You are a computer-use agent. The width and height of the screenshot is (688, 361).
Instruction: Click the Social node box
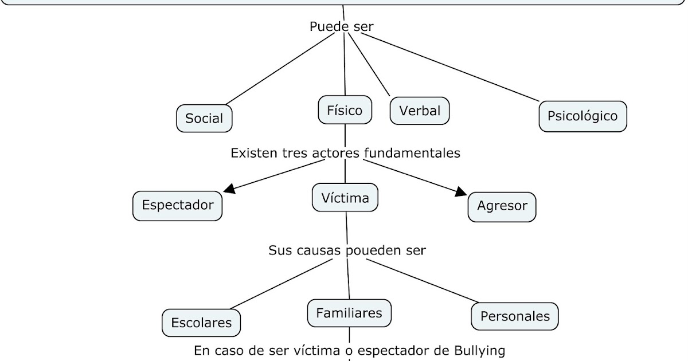tap(204, 119)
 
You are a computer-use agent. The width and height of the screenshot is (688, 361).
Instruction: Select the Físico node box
tap(345, 110)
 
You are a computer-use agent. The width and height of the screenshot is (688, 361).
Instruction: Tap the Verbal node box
tap(420, 111)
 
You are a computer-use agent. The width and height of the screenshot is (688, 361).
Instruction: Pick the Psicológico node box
tap(583, 116)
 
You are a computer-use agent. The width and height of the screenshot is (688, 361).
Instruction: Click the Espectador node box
tap(177, 205)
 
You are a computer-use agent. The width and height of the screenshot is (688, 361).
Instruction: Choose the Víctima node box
tap(345, 198)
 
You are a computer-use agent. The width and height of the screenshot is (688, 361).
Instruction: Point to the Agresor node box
tap(502, 206)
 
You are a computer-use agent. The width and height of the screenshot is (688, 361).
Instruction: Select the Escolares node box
tap(201, 323)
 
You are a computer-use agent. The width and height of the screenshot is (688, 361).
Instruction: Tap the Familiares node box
tap(349, 313)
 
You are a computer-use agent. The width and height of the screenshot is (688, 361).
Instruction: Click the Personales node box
tap(514, 316)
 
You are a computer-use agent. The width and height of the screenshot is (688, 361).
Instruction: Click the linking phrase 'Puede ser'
tap(342, 26)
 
